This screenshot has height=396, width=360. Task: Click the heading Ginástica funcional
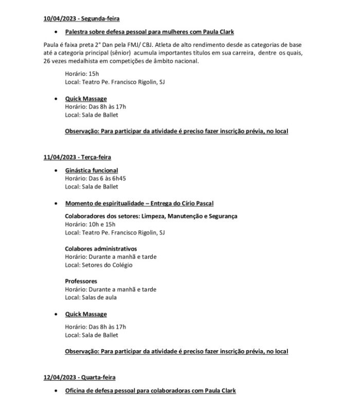click(92, 170)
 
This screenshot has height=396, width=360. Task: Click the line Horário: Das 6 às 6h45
click(96, 178)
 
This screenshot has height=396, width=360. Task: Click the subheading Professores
click(81, 281)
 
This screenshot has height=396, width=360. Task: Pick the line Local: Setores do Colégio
click(99, 265)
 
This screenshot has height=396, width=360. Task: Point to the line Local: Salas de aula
click(91, 297)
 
